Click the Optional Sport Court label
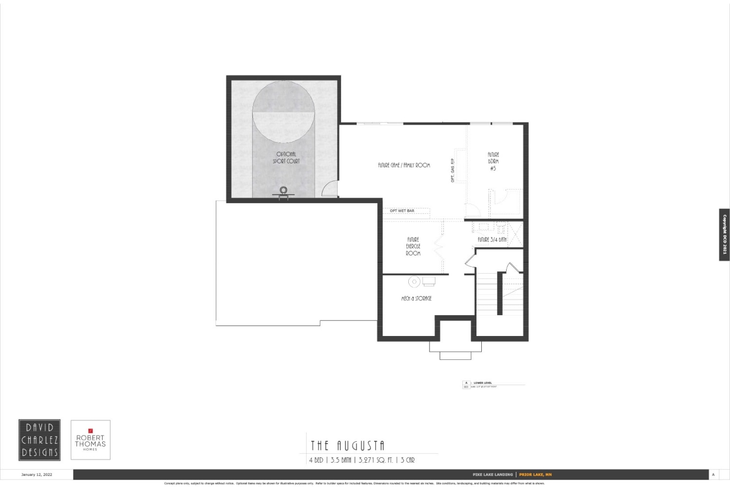pyautogui.click(x=286, y=158)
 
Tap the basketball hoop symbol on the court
pyautogui.click(x=283, y=191)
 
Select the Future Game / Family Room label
pyautogui.click(x=404, y=166)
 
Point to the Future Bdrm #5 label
pyautogui.click(x=493, y=161)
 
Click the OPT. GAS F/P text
pyautogui.click(x=453, y=170)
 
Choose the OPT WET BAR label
pyautogui.click(x=402, y=211)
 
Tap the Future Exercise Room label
pyautogui.click(x=413, y=246)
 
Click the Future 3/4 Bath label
pyautogui.click(x=492, y=240)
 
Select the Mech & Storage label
pyautogui.click(x=416, y=299)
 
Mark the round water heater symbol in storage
pyautogui.click(x=414, y=281)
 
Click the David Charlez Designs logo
pyautogui.click(x=39, y=440)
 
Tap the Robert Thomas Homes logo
pyautogui.click(x=91, y=440)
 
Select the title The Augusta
pyautogui.click(x=347, y=446)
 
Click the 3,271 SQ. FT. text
pyautogui.click(x=375, y=460)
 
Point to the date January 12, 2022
pyautogui.click(x=36, y=474)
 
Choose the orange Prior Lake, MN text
pyautogui.click(x=535, y=474)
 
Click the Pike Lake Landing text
pyautogui.click(x=493, y=474)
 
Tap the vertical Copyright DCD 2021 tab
pyautogui.click(x=724, y=235)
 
